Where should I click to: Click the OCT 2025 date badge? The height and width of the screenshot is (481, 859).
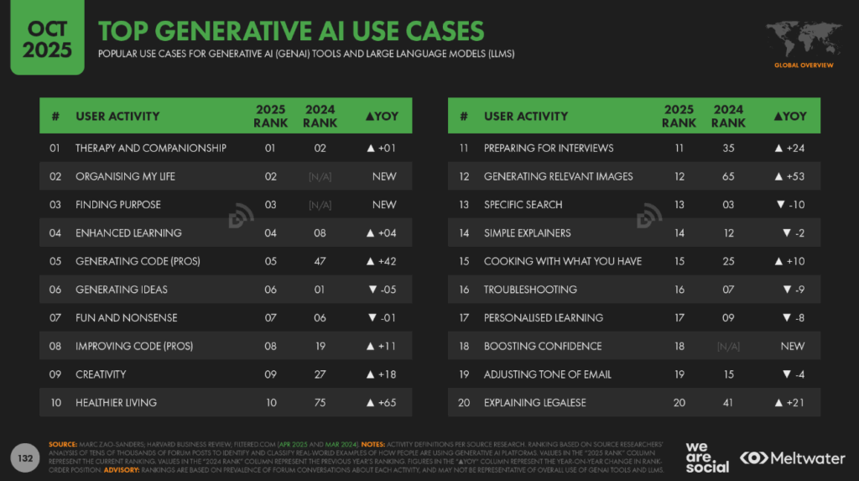click(x=41, y=39)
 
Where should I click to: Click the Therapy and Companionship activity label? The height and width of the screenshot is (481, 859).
click(x=151, y=148)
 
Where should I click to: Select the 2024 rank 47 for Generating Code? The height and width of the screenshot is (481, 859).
click(x=320, y=261)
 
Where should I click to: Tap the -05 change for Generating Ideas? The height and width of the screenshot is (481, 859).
click(x=383, y=290)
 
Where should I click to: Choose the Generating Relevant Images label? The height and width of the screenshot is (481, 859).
click(x=558, y=176)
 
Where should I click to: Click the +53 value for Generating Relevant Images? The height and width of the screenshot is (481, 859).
click(x=792, y=176)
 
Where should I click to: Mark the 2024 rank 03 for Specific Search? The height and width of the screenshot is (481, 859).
click(x=728, y=205)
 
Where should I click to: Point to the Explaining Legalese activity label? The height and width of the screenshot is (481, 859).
click(x=534, y=403)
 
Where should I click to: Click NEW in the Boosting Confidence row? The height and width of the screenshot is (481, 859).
click(x=792, y=346)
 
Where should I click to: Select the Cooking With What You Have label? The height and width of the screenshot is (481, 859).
click(x=562, y=261)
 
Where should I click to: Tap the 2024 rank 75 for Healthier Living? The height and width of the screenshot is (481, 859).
click(x=320, y=403)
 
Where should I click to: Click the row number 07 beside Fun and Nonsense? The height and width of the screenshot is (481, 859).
click(x=55, y=317)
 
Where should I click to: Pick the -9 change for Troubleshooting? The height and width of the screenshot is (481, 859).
click(x=792, y=290)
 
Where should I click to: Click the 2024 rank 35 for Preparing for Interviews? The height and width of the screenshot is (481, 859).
click(x=728, y=148)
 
